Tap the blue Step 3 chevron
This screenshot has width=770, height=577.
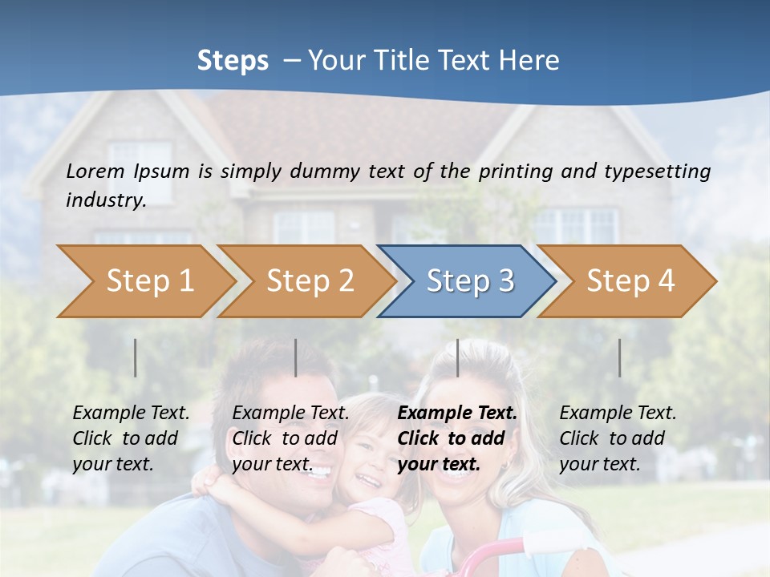pyautogui.click(x=469, y=281)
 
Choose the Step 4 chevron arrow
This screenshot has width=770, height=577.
pyautogui.click(x=630, y=281)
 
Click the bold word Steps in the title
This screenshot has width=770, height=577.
pyautogui.click(x=233, y=60)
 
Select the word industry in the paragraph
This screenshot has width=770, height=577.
pyautogui.click(x=105, y=200)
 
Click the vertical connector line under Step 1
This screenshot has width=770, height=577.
pyautogui.click(x=136, y=357)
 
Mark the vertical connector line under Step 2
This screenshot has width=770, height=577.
pyautogui.click(x=296, y=357)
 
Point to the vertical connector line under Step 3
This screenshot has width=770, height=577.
pyautogui.click(x=457, y=357)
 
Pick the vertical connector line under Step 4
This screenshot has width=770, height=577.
pyautogui.click(x=619, y=357)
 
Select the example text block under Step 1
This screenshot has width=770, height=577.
pyautogui.click(x=131, y=438)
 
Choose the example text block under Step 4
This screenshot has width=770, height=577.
pyautogui.click(x=618, y=438)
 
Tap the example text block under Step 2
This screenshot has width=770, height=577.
pyautogui.click(x=290, y=438)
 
